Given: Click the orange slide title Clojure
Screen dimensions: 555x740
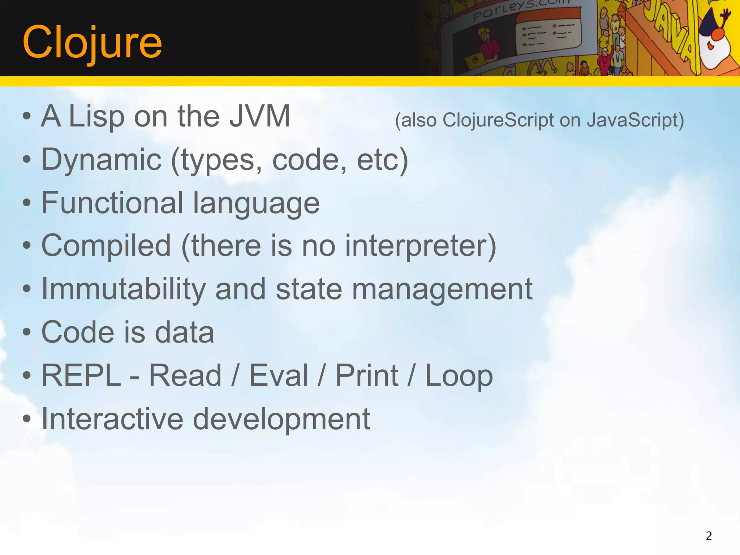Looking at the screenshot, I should click(x=92, y=43).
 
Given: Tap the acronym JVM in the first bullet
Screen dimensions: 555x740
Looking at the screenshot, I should click(x=260, y=116).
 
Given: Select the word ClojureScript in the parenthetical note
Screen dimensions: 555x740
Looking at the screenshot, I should click(x=498, y=120).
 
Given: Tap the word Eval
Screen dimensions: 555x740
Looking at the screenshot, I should click(x=279, y=375).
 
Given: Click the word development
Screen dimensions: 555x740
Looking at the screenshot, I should click(x=281, y=420).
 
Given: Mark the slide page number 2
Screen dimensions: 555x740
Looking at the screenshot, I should click(x=709, y=535).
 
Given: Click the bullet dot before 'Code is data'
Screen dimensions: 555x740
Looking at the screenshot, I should click(x=27, y=332).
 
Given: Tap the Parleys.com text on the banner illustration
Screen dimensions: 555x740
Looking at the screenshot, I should click(x=520, y=10).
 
